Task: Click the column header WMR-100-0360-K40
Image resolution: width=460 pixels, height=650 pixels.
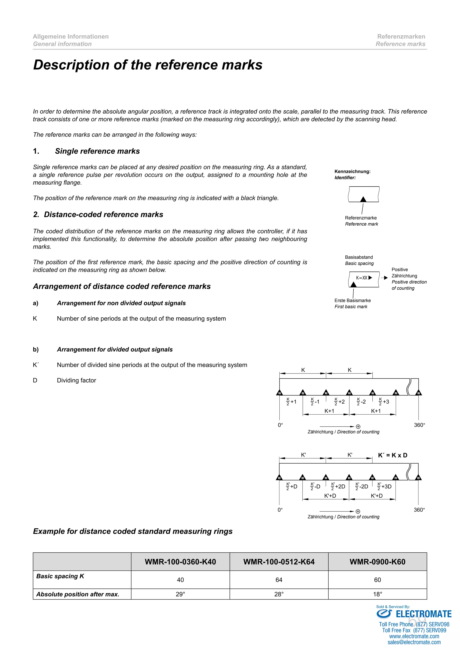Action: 180,562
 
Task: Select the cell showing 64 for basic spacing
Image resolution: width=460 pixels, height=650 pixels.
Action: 279,580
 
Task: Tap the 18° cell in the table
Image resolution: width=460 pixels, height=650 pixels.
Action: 377,594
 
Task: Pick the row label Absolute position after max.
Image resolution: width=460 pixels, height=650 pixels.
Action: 78,594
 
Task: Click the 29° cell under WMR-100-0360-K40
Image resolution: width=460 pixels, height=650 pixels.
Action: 180,594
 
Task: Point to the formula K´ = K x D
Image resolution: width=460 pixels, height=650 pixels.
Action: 393,455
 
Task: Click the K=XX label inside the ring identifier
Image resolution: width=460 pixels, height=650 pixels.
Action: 362,278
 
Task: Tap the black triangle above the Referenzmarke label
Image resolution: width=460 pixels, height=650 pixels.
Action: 363,199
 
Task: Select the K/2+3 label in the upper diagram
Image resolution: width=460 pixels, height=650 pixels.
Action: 384,402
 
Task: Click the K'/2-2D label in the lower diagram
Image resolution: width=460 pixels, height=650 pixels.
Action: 362,486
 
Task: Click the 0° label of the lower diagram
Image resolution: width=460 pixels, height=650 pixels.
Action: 280,510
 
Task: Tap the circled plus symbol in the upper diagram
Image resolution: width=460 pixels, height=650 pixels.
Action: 358,427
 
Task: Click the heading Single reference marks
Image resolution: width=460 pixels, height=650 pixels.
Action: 97,151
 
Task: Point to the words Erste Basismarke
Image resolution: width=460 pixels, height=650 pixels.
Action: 352,300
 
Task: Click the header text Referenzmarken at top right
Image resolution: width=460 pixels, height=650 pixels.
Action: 401,37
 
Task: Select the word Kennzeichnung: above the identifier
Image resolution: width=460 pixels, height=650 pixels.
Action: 352,171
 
